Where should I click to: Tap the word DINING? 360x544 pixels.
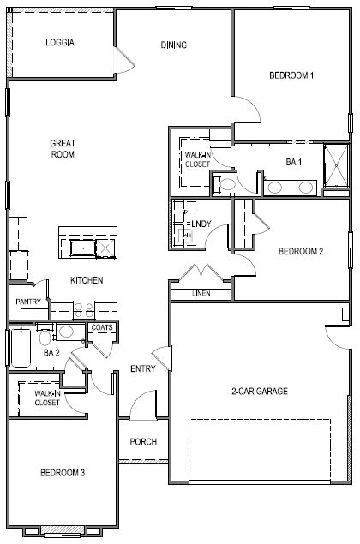[x=174, y=45]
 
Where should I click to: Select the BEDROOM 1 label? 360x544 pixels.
[x=291, y=75]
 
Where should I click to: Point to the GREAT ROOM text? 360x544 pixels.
[x=62, y=149]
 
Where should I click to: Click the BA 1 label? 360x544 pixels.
[x=293, y=162]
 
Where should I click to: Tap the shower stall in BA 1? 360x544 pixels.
[x=335, y=166]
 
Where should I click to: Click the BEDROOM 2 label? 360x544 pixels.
[x=300, y=252]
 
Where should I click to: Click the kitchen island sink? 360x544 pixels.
[x=83, y=248]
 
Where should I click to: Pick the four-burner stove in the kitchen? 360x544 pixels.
[x=83, y=308]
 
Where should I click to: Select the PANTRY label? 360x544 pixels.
[x=27, y=302]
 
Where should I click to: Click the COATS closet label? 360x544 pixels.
[x=102, y=327]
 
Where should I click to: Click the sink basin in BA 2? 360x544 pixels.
[x=67, y=332]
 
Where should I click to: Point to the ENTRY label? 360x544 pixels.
[x=142, y=369]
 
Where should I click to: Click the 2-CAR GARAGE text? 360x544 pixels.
[x=259, y=392]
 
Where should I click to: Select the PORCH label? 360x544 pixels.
[x=142, y=442]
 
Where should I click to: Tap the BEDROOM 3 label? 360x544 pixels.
[x=62, y=472]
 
